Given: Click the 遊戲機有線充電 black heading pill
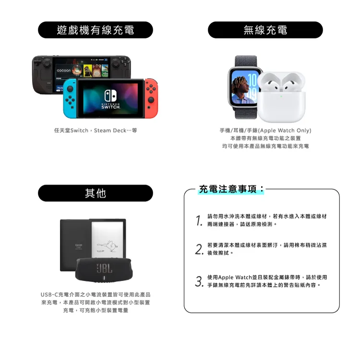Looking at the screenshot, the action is [x=96, y=30].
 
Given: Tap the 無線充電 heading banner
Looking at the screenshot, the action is [x=265, y=30].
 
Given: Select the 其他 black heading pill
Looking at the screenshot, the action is [x=96, y=193].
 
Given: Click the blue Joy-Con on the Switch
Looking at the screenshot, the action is [x=70, y=98].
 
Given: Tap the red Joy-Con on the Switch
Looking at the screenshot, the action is [x=151, y=98].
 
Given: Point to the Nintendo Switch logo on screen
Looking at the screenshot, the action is [x=111, y=99].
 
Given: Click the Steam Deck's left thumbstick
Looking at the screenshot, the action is [x=47, y=62].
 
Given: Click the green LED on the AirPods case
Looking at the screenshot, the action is [x=281, y=96].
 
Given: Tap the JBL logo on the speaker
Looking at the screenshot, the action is [x=105, y=269].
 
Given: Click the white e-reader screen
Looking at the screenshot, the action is [x=108, y=239].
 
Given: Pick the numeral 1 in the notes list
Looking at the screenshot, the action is [x=199, y=220].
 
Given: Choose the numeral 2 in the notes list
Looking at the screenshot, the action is [x=199, y=249].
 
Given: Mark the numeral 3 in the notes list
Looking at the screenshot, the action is [x=199, y=281].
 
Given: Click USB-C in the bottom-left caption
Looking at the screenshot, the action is [x=49, y=295].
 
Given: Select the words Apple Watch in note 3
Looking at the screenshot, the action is [x=235, y=277].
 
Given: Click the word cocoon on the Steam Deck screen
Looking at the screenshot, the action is [x=64, y=70].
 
